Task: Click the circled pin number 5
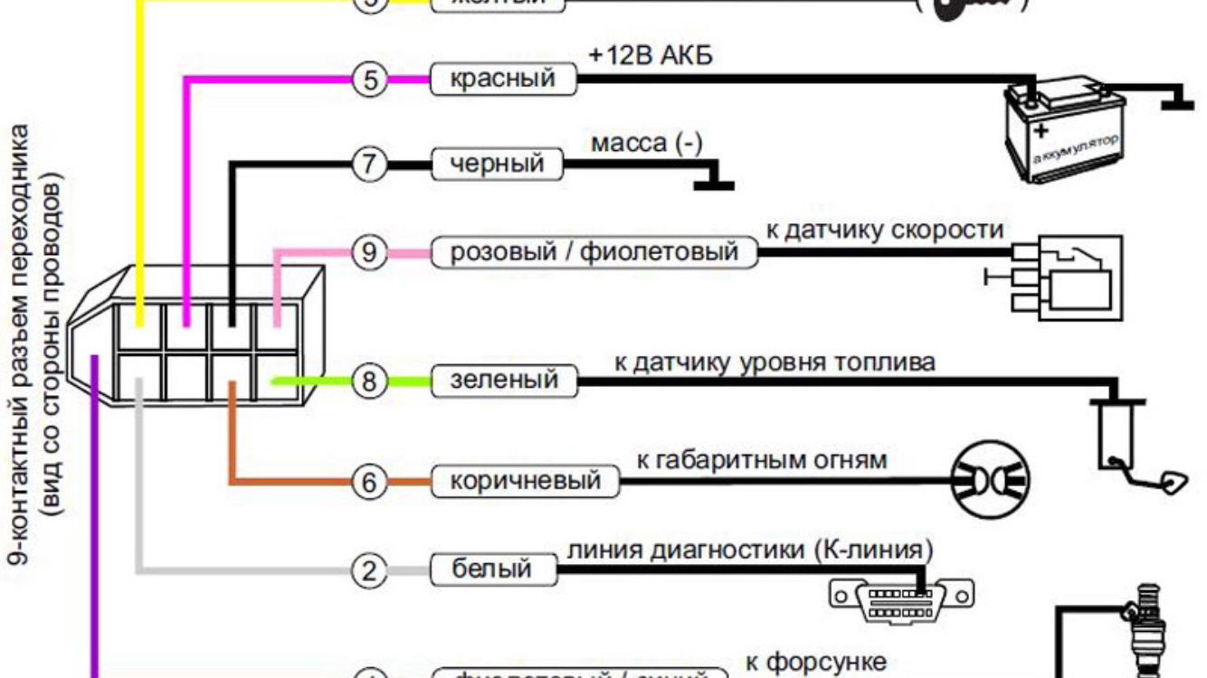coord(370,80)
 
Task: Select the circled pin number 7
coord(370,165)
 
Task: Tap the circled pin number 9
coord(369,252)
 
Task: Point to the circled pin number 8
coord(369,381)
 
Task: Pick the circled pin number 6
coord(369,483)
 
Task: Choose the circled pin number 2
coord(369,570)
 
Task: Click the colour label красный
coord(503,79)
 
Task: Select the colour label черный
coord(497,165)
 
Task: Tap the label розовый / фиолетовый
coord(594,252)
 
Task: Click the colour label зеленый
coord(504,381)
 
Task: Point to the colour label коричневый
coord(525,481)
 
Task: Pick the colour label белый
coord(491,570)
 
